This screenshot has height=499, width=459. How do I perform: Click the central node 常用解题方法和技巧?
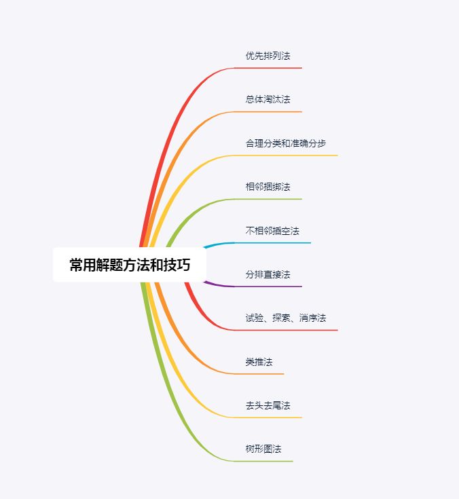(x=129, y=265)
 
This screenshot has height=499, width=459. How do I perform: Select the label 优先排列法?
(x=268, y=56)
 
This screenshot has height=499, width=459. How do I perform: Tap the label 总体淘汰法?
(x=268, y=99)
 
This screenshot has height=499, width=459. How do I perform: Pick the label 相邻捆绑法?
(x=268, y=187)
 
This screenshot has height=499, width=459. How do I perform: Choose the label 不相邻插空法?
(x=272, y=231)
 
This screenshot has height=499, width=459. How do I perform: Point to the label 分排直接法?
(x=268, y=274)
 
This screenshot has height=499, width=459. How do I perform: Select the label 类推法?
(x=259, y=362)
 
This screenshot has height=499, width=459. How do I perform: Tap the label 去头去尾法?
(x=268, y=405)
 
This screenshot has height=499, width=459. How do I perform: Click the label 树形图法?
(x=263, y=449)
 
